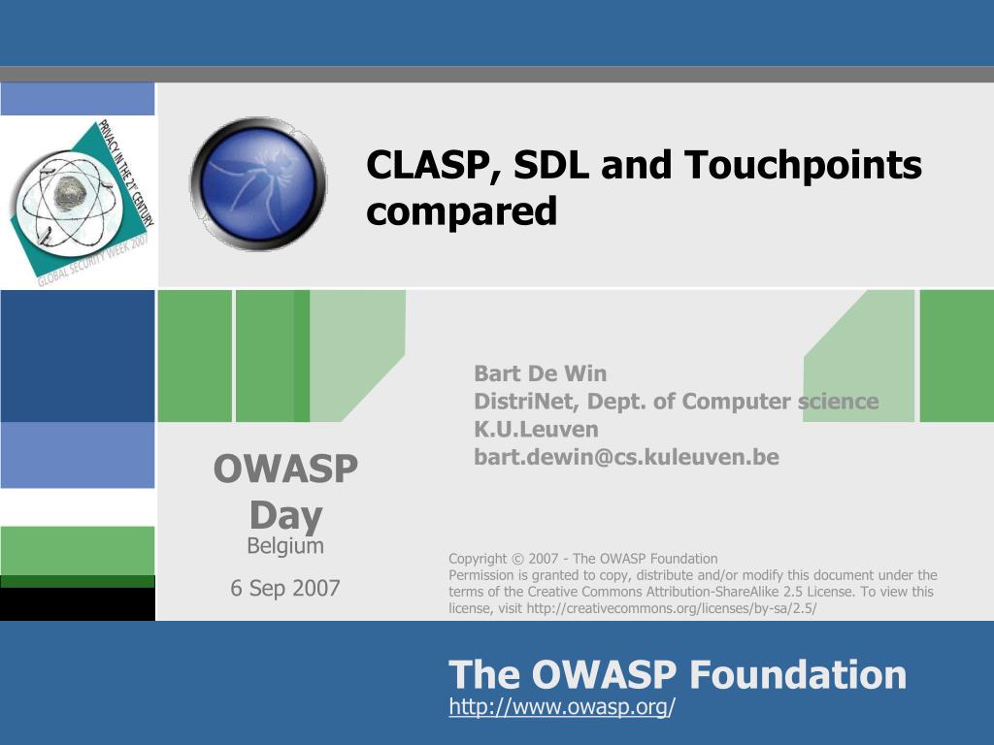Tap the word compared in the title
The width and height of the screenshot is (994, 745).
coord(461,211)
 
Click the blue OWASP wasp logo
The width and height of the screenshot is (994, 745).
coord(258,183)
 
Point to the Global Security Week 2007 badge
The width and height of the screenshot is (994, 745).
coord(81,202)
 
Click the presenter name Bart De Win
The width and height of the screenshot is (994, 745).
coord(540,373)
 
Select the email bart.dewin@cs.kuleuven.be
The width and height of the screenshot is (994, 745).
coord(626,457)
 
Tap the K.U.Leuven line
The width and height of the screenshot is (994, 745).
coord(536,429)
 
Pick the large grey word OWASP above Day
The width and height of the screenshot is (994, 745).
coord(286,469)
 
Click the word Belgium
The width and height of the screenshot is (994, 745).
coord(285,545)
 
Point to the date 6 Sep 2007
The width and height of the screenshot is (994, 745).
coord(285,588)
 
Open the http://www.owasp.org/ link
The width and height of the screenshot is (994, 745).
coord(562,706)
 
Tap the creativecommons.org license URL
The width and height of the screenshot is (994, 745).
coord(672,609)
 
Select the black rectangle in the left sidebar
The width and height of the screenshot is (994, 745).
coord(78,604)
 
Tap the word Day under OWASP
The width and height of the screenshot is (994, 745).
coord(286,516)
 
